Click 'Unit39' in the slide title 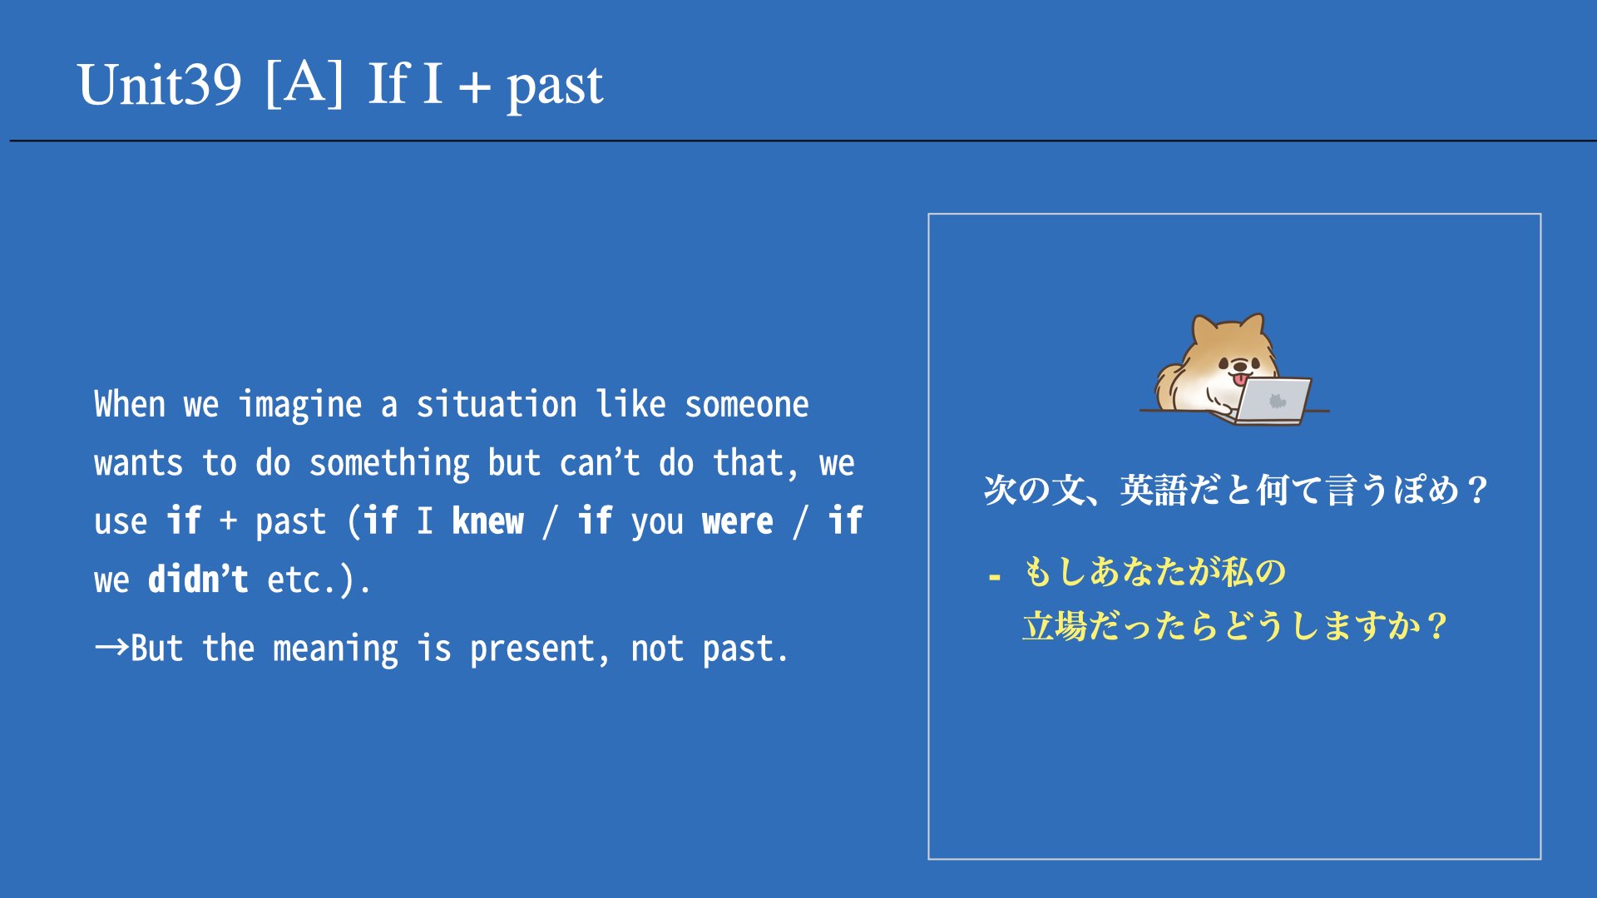coord(159,84)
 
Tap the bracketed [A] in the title coord(304,82)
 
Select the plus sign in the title coord(474,86)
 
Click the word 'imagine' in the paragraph coord(300,406)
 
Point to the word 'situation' coord(497,404)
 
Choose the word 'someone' coord(746,405)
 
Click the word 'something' coord(389,464)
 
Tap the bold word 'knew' coord(488,521)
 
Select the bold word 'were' coord(738,522)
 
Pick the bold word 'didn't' coord(198,579)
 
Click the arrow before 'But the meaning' coord(111,647)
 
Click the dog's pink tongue coord(1241,379)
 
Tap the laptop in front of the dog coord(1271,401)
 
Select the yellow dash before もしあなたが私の coord(994,575)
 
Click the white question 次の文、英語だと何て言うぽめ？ coord(1236,489)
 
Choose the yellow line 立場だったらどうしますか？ coord(1236,626)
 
